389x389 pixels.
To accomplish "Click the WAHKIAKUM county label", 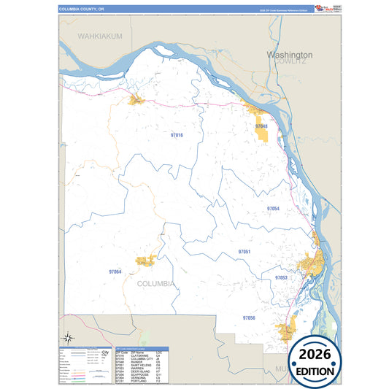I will click(x=100, y=36).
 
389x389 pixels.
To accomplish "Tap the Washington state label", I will click(x=290, y=55).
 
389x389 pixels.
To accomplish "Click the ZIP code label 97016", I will click(x=176, y=136).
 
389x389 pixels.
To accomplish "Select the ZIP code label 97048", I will click(x=261, y=127).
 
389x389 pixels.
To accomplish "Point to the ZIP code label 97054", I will click(x=273, y=209).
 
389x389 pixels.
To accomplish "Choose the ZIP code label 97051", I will click(x=244, y=252).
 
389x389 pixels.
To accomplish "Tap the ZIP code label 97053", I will click(x=281, y=278).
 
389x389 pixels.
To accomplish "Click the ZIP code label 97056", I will click(x=249, y=318).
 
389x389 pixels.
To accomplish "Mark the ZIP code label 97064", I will click(x=115, y=271).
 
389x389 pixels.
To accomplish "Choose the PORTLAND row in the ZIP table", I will click(x=139, y=381).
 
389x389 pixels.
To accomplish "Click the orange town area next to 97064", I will click(x=144, y=261).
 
